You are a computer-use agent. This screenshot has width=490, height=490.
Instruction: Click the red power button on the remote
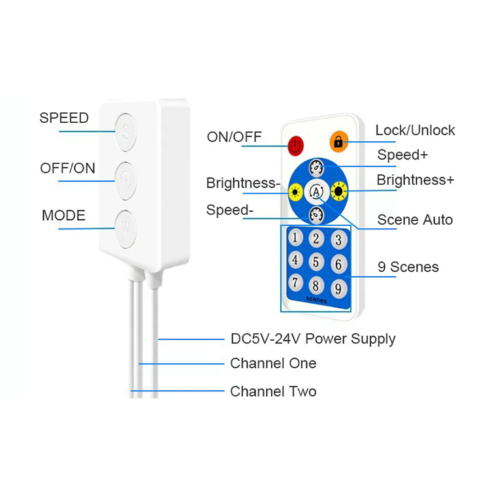coord(295,146)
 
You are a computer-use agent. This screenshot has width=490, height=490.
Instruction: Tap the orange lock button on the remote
coord(338,142)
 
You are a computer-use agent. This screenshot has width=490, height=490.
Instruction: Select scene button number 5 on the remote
coord(316,262)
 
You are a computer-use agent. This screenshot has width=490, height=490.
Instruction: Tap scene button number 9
coord(338,288)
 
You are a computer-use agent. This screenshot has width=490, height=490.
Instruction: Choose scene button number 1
coord(295,237)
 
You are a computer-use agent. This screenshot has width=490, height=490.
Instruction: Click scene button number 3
coord(338,240)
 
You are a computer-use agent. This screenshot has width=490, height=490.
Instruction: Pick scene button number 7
coord(295,282)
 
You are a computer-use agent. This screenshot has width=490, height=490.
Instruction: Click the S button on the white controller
coord(125,133)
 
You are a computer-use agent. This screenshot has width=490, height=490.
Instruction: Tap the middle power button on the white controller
coord(125,181)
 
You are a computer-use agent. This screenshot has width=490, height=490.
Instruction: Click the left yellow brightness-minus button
coord(295,191)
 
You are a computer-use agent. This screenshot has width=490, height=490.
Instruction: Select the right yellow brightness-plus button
coord(339,191)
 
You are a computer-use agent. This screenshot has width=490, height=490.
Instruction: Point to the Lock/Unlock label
coord(415,130)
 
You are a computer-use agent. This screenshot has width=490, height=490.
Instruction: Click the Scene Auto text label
coord(415,220)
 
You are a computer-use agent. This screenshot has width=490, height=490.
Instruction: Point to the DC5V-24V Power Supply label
coord(313,339)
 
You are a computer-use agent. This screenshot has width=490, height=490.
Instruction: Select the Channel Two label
coord(273,391)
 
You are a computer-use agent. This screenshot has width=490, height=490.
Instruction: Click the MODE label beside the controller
coord(63,216)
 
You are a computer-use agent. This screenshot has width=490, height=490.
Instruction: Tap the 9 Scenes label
coord(408,267)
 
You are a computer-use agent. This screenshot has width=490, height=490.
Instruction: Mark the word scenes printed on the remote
coord(316,299)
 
